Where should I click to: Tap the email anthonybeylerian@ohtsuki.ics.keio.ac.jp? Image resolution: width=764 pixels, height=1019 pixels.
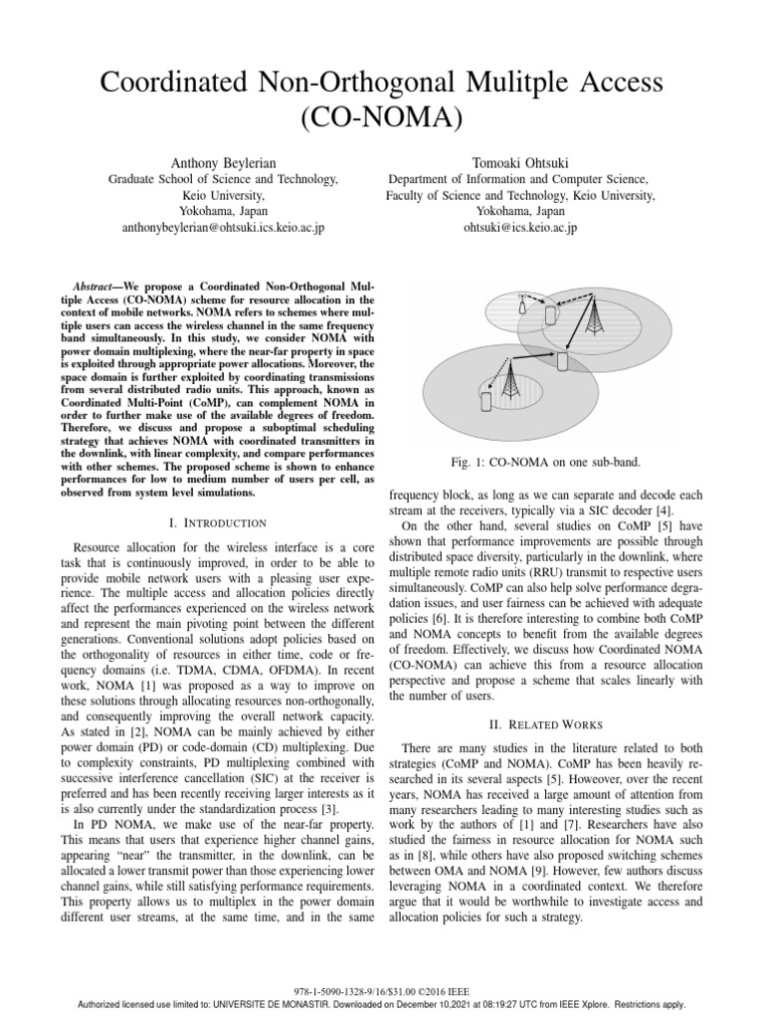pos(223,228)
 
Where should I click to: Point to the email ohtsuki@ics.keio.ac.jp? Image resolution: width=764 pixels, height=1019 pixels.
pos(520,228)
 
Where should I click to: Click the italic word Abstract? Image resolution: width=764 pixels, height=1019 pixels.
pos(97,284)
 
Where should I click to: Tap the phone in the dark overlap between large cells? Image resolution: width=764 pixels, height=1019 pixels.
pos(562,361)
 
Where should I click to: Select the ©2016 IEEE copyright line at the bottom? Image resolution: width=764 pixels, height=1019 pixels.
pos(381,991)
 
